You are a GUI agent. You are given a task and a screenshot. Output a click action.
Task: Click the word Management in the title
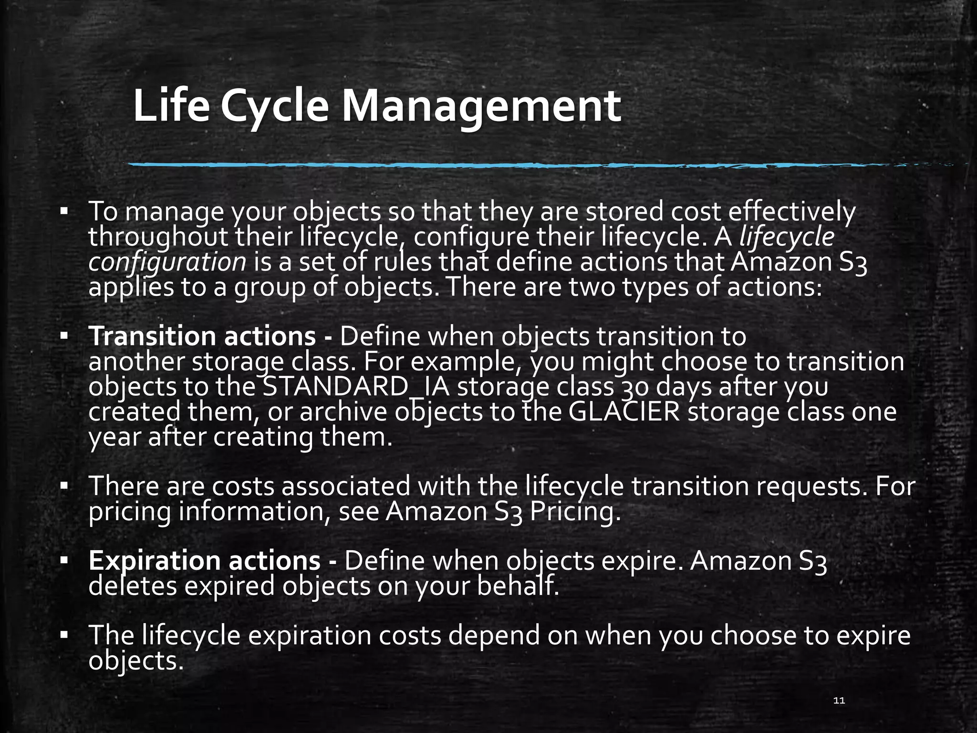[x=481, y=107]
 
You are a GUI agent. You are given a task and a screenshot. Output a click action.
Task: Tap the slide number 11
[x=839, y=701]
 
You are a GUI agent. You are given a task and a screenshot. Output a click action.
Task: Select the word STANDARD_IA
[x=356, y=387]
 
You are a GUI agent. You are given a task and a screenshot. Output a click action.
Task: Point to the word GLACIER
[x=624, y=412]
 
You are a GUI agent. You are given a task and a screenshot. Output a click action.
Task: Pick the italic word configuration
[x=167, y=262]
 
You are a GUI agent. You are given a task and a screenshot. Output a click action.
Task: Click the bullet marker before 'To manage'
[x=64, y=211]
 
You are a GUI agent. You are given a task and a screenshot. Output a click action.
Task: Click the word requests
[x=811, y=486]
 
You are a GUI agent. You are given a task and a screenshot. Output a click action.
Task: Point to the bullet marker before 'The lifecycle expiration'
[x=64, y=636]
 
